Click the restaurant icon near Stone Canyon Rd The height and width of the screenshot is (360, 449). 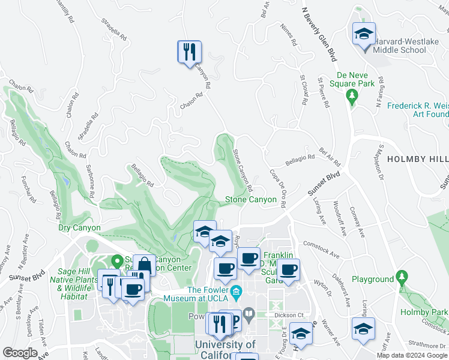(189, 51)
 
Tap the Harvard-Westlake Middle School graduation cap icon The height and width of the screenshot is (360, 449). (364, 34)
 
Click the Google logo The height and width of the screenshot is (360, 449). (20, 353)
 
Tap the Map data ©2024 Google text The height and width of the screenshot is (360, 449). (411, 355)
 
